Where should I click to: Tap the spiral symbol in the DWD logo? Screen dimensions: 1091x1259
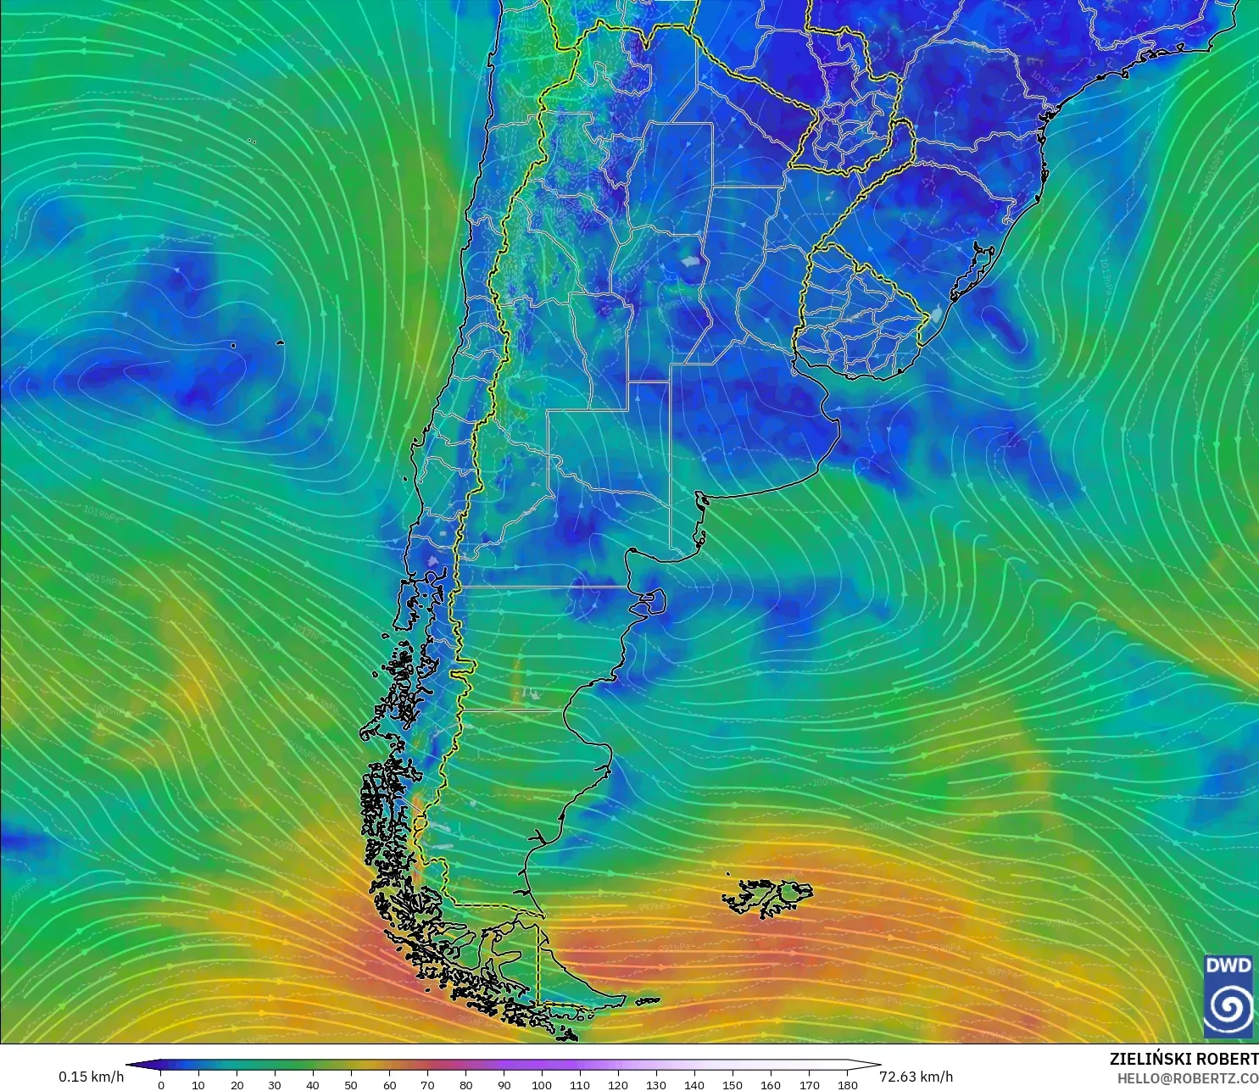[x=1228, y=1006]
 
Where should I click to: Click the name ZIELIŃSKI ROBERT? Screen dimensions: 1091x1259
[x=1184, y=1060]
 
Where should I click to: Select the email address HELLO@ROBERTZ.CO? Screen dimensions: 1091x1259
[x=1187, y=1078]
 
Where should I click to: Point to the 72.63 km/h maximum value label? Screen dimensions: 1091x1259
[x=916, y=1077]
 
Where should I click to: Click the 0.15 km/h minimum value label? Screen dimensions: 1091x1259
[x=91, y=1077]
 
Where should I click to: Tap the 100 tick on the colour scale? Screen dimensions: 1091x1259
[x=542, y=1084]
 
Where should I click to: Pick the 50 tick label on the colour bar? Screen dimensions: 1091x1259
[x=351, y=1084]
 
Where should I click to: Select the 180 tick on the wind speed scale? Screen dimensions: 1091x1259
[x=847, y=1084]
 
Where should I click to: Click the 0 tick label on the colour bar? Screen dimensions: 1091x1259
[x=161, y=1084]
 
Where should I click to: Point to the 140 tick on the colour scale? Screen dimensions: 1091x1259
[x=694, y=1084]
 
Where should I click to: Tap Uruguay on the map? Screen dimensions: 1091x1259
[x=856, y=318]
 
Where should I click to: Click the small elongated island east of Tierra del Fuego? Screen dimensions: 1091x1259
[x=647, y=1001]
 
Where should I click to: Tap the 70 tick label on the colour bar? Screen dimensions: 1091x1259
[x=427, y=1084]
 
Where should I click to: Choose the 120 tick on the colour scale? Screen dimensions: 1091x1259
[x=618, y=1084]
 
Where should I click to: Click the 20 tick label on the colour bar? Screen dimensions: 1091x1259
[x=237, y=1084]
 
